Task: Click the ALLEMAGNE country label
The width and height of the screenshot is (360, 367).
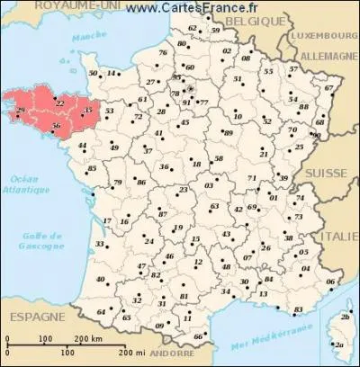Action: pyautogui.click(x=327, y=55)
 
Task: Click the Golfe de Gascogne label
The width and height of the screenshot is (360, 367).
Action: pyautogui.click(x=45, y=239)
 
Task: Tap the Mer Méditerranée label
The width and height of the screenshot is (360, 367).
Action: pyautogui.click(x=255, y=345)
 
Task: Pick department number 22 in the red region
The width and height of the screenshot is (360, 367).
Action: pyautogui.click(x=59, y=103)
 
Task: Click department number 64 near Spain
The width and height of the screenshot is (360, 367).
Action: pyautogui.click(x=99, y=312)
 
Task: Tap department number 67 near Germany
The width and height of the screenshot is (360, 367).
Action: pyautogui.click(x=328, y=88)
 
